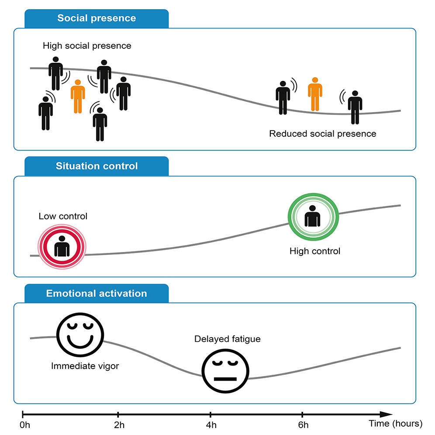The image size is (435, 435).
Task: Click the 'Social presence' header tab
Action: click(x=97, y=19)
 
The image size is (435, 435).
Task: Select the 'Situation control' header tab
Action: click(x=97, y=166)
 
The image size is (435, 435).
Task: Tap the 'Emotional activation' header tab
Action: click(x=97, y=293)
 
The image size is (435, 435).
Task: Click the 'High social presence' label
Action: click(x=87, y=46)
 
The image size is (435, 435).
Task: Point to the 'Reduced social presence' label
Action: click(x=323, y=134)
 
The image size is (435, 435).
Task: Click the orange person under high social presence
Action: click(x=78, y=97)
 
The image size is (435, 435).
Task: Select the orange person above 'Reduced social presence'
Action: click(x=315, y=94)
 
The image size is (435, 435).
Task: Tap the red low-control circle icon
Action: click(x=62, y=247)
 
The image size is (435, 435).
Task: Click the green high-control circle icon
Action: click(x=313, y=217)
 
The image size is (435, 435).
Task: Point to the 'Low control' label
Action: click(x=63, y=216)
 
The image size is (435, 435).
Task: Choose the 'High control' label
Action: click(x=315, y=251)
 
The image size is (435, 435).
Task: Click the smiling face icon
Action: click(x=80, y=335)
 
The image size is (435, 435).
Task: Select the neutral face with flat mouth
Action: click(x=225, y=371)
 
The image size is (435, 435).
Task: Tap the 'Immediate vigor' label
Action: click(x=85, y=366)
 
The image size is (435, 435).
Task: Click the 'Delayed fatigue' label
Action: click(x=228, y=339)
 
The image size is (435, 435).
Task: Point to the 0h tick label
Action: click(x=25, y=425)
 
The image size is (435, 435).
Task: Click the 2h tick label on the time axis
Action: click(x=119, y=425)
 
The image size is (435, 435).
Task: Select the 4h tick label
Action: click(x=211, y=425)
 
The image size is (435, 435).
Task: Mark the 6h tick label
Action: click(x=303, y=425)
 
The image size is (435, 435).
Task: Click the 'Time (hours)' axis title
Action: click(x=396, y=424)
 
